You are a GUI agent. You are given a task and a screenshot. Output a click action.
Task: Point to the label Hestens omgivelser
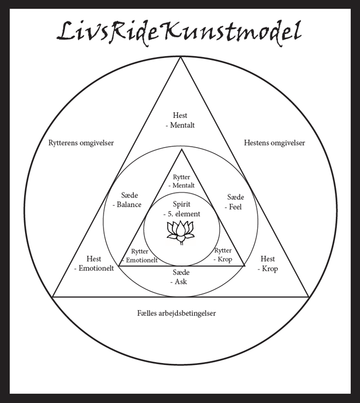pyautogui.click(x=274, y=143)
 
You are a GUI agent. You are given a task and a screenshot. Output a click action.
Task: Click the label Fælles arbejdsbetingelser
pyautogui.click(x=180, y=313)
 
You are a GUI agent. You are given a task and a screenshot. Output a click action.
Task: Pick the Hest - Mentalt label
pyautogui.click(x=180, y=120)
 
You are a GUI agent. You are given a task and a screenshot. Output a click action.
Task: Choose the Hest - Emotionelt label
pyautogui.click(x=94, y=263)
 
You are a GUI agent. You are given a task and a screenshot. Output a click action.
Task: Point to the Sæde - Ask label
pyautogui.click(x=181, y=277)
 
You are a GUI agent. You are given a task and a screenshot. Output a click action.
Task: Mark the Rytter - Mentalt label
pyautogui.click(x=181, y=181)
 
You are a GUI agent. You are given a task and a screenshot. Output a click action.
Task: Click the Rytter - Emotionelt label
pyautogui.click(x=141, y=255)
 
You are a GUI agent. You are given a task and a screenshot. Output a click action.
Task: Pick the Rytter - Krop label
pyautogui.click(x=223, y=255)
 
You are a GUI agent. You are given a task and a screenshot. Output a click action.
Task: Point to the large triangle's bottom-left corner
pyautogui.click(x=52, y=297)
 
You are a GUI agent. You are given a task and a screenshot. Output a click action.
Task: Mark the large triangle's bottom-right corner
pyautogui.click(x=308, y=297)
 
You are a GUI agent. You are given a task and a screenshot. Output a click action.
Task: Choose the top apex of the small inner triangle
pyautogui.click(x=181, y=150)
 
